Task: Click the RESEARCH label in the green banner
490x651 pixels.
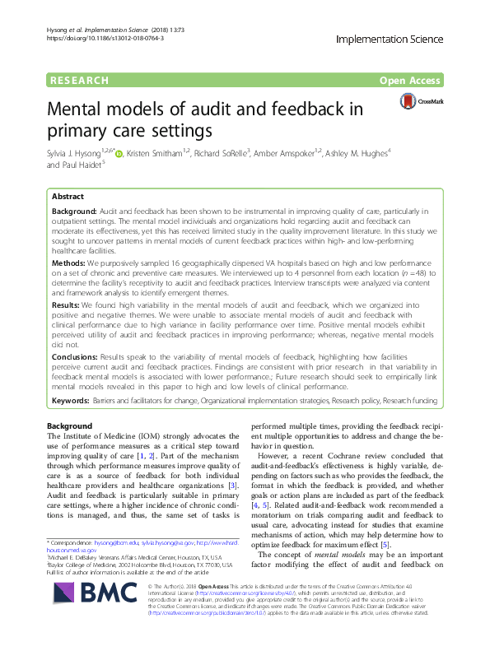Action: (79, 81)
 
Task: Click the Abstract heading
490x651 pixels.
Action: (68, 198)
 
